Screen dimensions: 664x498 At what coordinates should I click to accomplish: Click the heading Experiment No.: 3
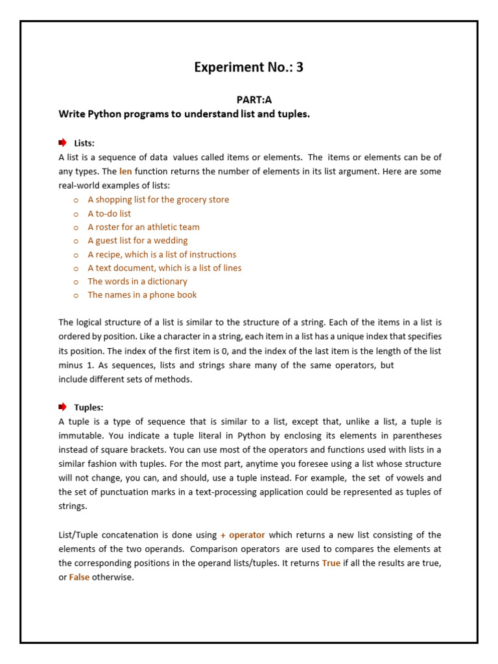pyautogui.click(x=249, y=67)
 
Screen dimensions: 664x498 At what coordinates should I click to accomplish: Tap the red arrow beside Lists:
pyautogui.click(x=62, y=143)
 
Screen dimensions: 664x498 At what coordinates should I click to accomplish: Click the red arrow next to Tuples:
pyautogui.click(x=62, y=407)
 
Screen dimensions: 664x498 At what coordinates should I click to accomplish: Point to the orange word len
pyautogui.click(x=126, y=172)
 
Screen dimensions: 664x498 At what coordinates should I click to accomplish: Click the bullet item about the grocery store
pyautogui.click(x=158, y=200)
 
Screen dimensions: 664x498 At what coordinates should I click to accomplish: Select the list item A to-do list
pyautogui.click(x=109, y=213)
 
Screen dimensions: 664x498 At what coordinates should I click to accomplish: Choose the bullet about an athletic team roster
pyautogui.click(x=143, y=227)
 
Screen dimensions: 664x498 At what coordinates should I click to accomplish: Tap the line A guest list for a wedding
pyautogui.click(x=137, y=241)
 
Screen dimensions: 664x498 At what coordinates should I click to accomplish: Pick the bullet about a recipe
pyautogui.click(x=161, y=254)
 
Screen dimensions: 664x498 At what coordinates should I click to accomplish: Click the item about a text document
pyautogui.click(x=164, y=268)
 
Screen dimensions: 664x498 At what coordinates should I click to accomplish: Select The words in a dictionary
pyautogui.click(x=137, y=281)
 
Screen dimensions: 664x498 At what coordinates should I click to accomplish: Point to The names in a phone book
pyautogui.click(x=142, y=295)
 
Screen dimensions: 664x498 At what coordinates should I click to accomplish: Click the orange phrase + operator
pyautogui.click(x=243, y=535)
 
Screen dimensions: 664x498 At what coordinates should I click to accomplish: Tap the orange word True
pyautogui.click(x=331, y=563)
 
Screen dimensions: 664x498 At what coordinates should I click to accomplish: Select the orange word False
pyautogui.click(x=79, y=577)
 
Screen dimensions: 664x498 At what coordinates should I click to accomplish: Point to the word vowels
pyautogui.click(x=410, y=478)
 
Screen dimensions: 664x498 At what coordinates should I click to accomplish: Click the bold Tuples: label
pyautogui.click(x=89, y=407)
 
